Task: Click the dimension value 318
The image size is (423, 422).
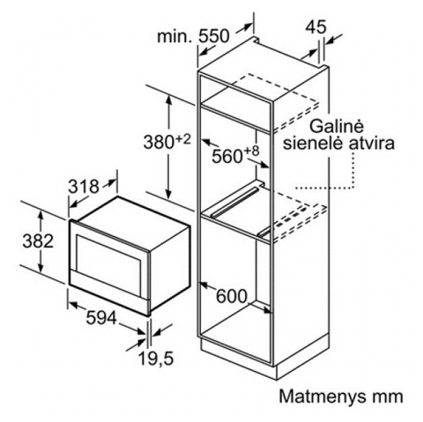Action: tap(84, 187)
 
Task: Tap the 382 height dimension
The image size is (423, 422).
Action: tap(38, 241)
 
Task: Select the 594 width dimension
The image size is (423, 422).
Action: tap(101, 318)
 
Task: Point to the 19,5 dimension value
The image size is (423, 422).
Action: tap(156, 359)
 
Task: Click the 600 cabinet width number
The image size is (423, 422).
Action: tap(232, 296)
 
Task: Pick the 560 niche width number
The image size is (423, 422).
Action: tap(227, 156)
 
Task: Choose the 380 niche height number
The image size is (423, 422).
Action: tap(159, 142)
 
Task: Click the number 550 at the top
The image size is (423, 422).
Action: tap(213, 36)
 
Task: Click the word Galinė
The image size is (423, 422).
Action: tap(337, 127)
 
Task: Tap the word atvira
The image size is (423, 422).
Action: tap(372, 144)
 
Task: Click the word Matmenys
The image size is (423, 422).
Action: tap(323, 397)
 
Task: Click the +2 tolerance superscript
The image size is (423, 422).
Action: tap(183, 138)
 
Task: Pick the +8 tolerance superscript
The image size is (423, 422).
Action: tap(252, 152)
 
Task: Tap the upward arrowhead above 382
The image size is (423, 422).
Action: tap(41, 216)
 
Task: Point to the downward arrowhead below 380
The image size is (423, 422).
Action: tap(168, 193)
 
